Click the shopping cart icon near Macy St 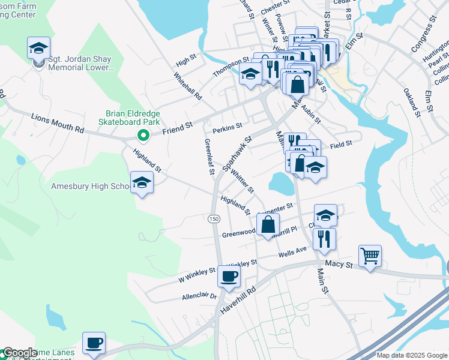(x=370, y=256)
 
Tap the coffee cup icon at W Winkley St (x=229, y=276)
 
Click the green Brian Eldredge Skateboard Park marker (x=142, y=134)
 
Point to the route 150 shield (x=214, y=219)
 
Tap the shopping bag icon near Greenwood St (x=268, y=225)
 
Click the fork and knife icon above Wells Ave (x=324, y=238)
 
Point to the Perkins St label (x=227, y=127)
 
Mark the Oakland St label (x=411, y=100)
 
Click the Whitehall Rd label (x=188, y=86)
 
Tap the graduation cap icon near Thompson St (x=250, y=74)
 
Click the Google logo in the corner (x=19, y=353)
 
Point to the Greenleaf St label (x=209, y=157)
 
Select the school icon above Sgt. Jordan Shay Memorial (x=38, y=48)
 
